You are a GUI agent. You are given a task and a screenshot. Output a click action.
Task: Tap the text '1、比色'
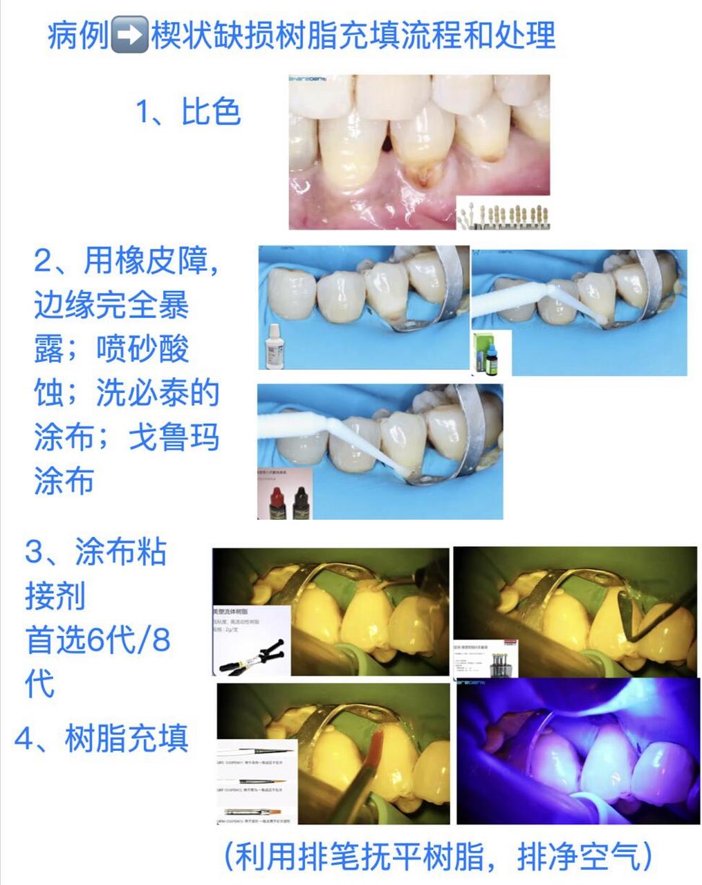coord(188,112)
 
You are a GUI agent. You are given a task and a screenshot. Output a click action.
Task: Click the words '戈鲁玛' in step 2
coord(174,438)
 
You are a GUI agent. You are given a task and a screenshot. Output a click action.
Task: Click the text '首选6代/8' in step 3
coord(98,640)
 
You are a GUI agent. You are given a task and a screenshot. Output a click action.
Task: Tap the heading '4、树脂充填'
coord(102,738)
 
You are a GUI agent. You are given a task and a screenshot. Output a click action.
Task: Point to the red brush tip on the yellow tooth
coord(376,747)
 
